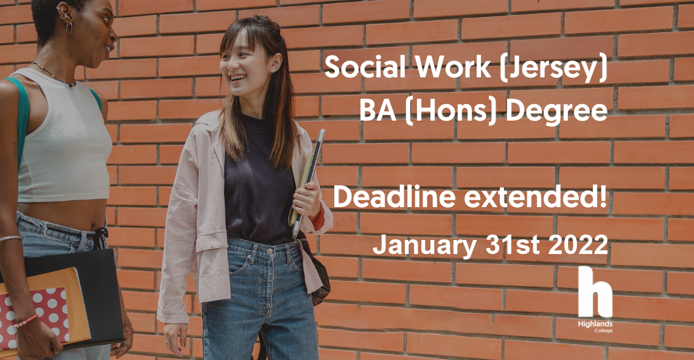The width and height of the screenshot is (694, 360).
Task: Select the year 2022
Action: [x=578, y=244]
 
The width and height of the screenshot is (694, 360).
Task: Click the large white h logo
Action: [x=595, y=292]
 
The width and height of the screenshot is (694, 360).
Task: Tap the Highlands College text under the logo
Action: [x=595, y=326]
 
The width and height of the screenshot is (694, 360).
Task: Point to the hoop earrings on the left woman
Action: [x=69, y=27]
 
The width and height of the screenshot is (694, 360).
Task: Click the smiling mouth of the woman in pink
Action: [x=237, y=79]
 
